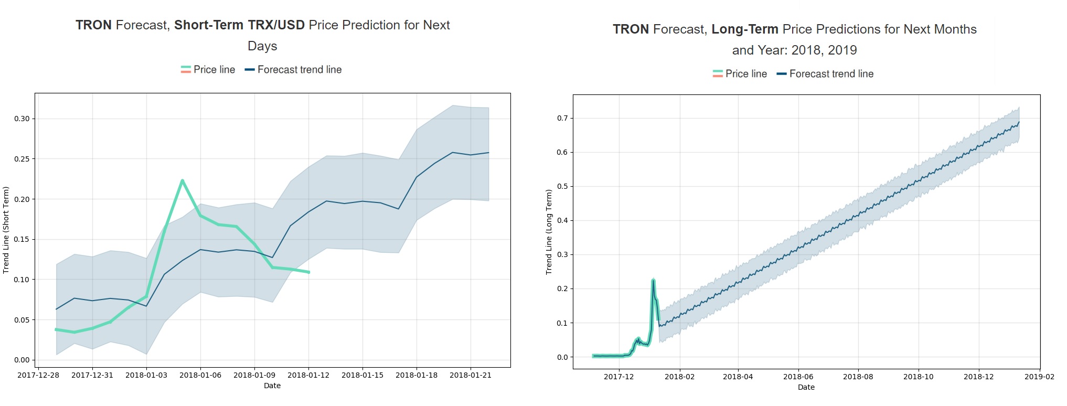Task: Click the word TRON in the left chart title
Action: click(x=93, y=25)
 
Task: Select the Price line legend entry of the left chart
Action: click(x=208, y=70)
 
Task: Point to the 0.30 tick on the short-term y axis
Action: click(x=22, y=119)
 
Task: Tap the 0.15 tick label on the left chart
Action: click(x=22, y=239)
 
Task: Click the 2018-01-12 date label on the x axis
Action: click(x=308, y=375)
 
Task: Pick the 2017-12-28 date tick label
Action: click(x=38, y=375)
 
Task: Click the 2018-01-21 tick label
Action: click(x=471, y=375)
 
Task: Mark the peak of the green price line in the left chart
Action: click(x=182, y=180)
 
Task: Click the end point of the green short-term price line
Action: click(x=309, y=272)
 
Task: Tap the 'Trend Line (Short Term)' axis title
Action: click(x=6, y=230)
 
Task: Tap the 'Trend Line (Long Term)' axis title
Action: click(x=549, y=232)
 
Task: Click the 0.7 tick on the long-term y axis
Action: click(x=562, y=119)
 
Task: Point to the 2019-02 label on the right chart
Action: click(x=1039, y=377)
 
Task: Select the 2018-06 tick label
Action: click(x=798, y=377)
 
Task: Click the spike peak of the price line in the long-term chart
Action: click(x=653, y=280)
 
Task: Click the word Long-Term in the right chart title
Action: click(x=744, y=29)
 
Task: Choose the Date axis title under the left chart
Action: click(x=272, y=386)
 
